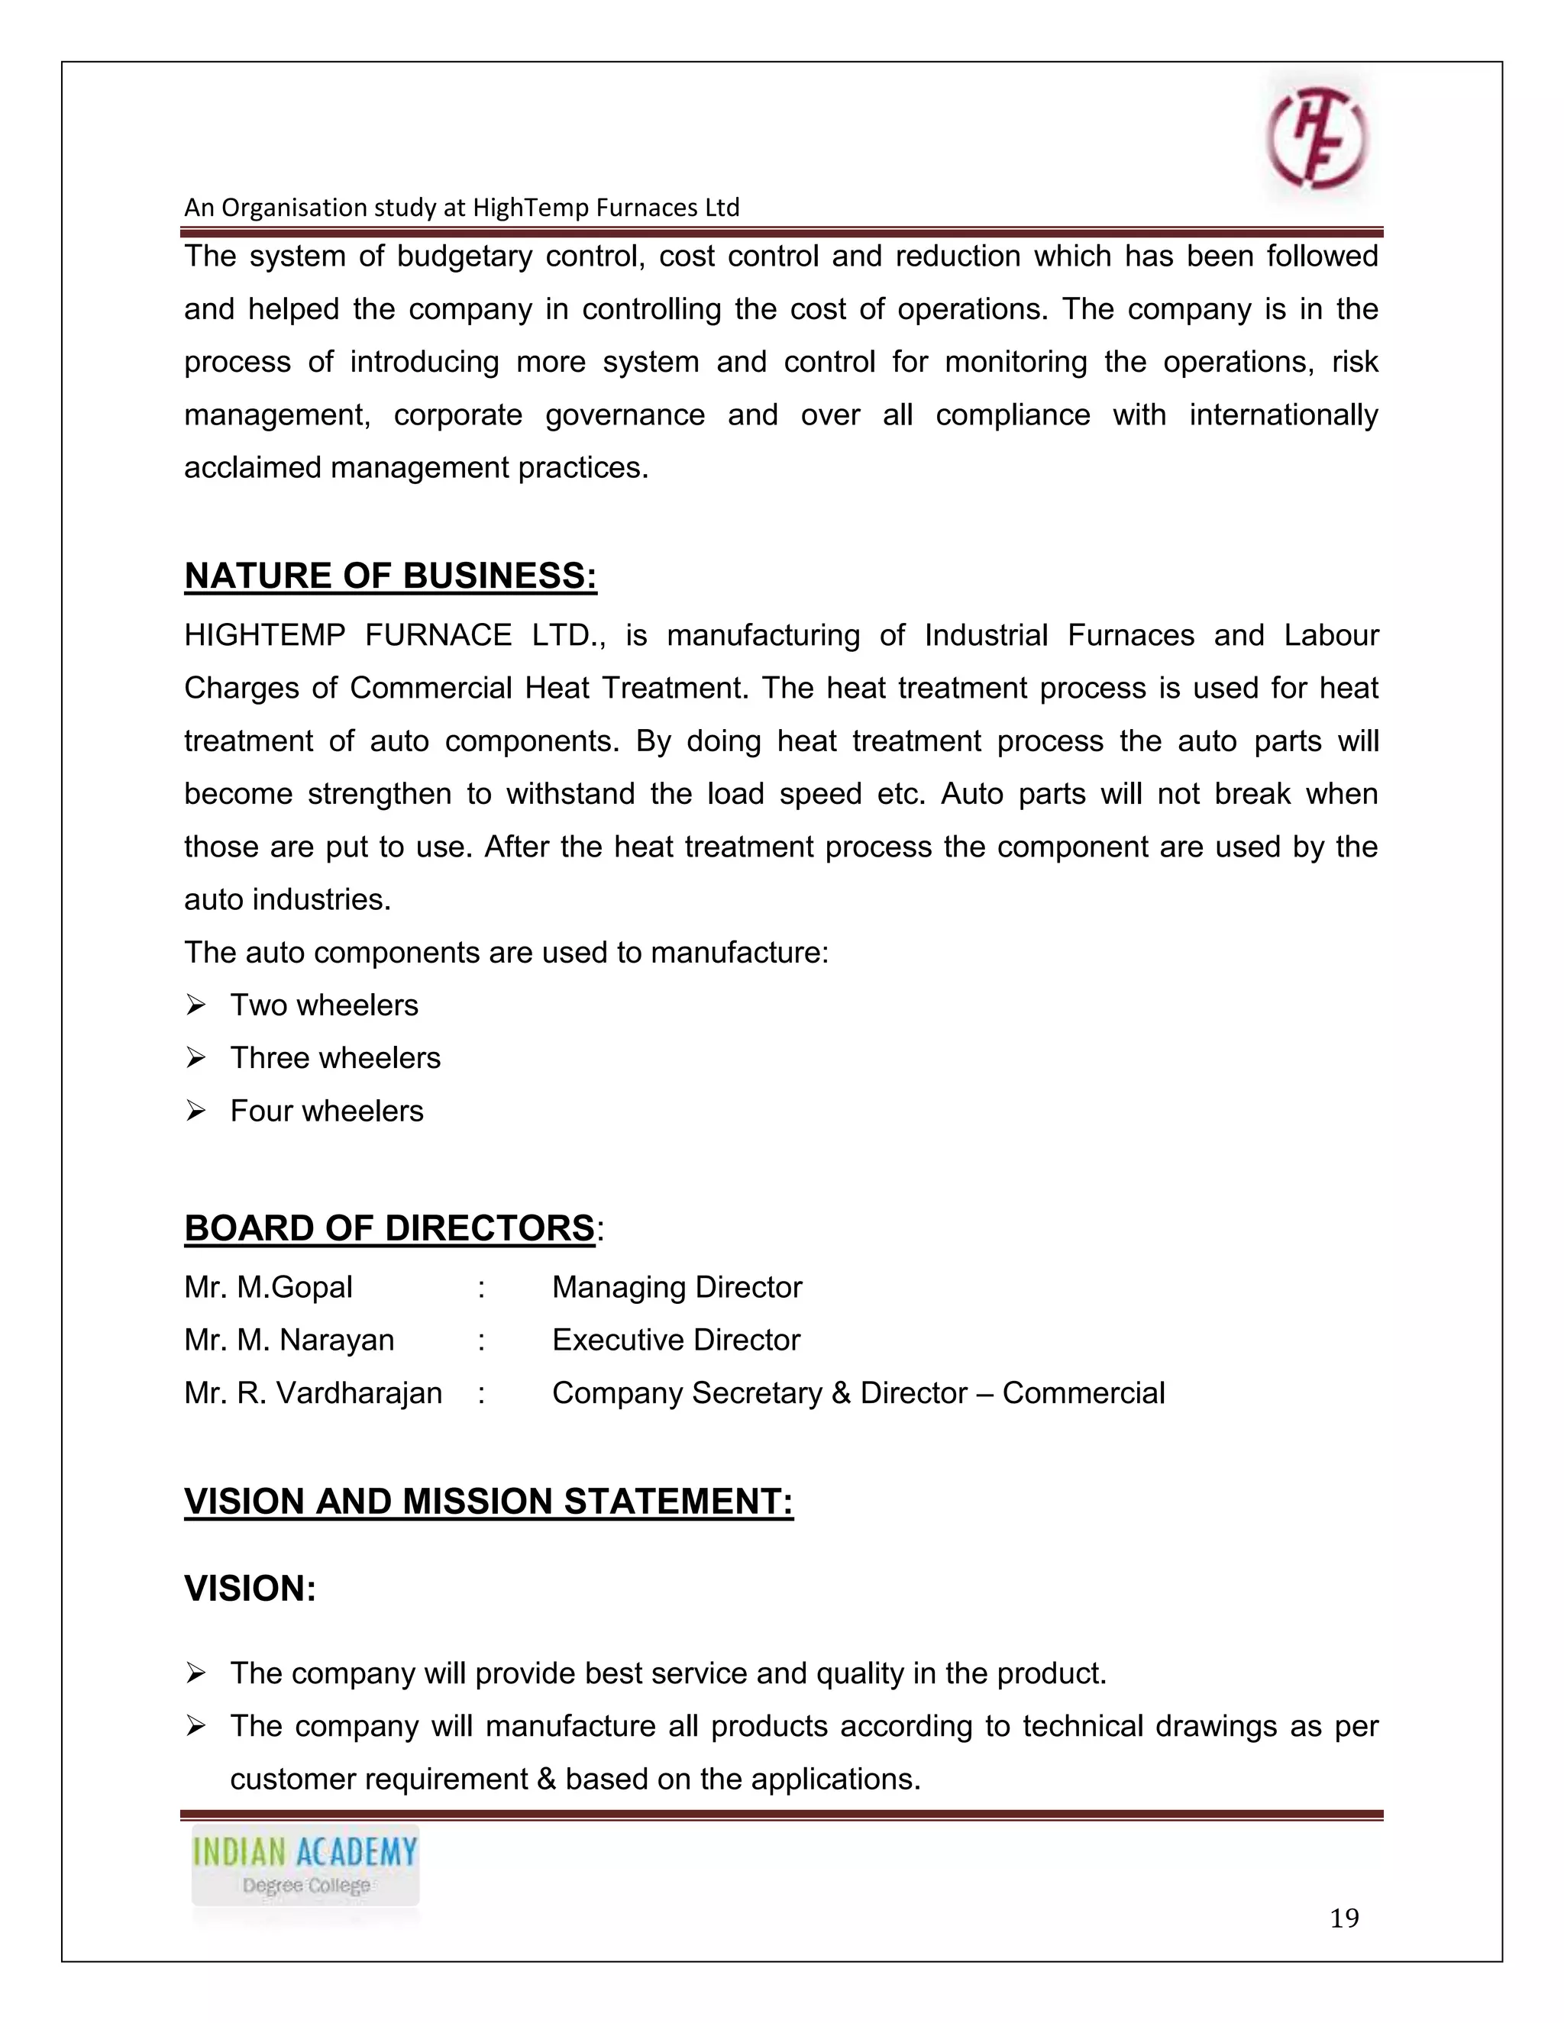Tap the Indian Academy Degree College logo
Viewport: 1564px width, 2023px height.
point(305,1867)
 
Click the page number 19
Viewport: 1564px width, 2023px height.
point(1343,1918)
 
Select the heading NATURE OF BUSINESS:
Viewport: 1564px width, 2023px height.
point(390,576)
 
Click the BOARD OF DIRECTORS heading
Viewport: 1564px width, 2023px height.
point(389,1228)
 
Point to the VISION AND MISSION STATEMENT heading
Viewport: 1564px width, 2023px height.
point(488,1502)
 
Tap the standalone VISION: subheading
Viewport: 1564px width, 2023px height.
point(250,1589)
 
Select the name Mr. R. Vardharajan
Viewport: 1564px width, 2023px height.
point(312,1393)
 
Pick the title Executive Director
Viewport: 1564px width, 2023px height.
point(675,1341)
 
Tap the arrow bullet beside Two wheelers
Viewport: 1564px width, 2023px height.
point(195,1005)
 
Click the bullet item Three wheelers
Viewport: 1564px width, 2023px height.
point(334,1058)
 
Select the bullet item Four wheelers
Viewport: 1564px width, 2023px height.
point(326,1111)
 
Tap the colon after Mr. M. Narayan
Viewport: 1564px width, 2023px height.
point(482,1341)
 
